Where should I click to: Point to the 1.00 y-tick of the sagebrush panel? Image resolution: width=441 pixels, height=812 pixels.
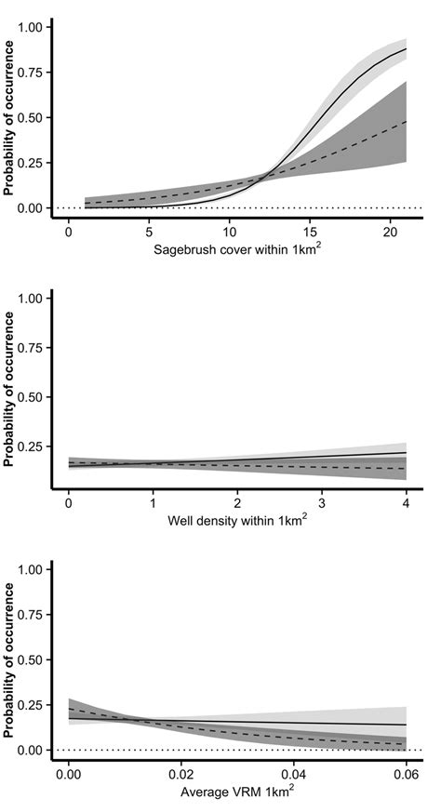point(31,28)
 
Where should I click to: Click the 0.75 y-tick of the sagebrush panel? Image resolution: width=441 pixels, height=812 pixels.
point(31,73)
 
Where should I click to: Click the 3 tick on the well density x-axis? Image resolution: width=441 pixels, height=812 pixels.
point(322,501)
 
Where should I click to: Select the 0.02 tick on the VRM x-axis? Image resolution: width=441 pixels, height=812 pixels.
point(181,773)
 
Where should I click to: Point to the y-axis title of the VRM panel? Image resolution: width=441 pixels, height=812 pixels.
point(8,659)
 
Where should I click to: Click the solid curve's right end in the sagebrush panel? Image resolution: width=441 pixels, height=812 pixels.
point(407,48)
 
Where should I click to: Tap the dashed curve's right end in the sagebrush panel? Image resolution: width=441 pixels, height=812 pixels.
point(407,122)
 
